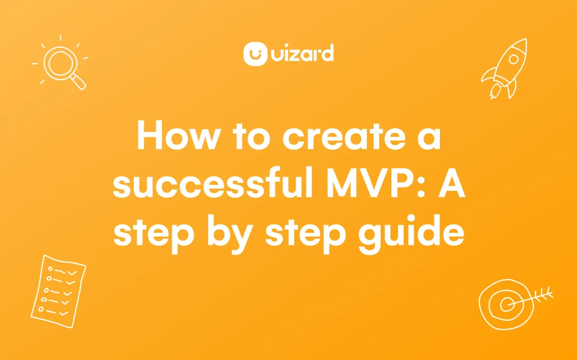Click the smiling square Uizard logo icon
click(255, 54)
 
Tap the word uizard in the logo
click(302, 53)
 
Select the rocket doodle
click(504, 69)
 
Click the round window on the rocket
click(514, 60)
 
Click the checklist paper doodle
click(59, 291)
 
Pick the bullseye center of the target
click(507, 305)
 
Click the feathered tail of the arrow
click(543, 295)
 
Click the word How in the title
click(178, 135)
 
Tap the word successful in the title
click(213, 182)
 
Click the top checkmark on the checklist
click(72, 273)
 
